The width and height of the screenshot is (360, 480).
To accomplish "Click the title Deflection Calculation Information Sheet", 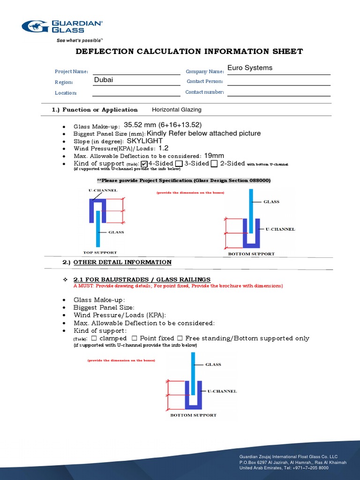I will [x=189, y=52].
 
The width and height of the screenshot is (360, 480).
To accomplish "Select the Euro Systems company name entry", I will [x=250, y=68].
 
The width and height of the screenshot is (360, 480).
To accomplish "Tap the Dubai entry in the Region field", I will [x=104, y=80].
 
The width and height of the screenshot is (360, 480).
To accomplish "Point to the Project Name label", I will [x=71, y=72].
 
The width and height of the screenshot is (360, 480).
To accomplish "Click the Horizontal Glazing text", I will [x=177, y=110].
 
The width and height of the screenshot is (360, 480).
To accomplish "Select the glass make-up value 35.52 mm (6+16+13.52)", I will [x=163, y=125].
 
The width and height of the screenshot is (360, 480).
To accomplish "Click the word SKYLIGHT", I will [x=145, y=141].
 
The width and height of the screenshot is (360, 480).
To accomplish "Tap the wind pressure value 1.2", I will [x=163, y=148].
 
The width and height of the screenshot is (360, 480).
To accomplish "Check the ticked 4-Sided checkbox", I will [x=144, y=164].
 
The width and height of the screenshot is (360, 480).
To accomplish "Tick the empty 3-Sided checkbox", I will [x=179, y=164].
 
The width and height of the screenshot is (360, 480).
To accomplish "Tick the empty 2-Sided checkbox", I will [x=214, y=164].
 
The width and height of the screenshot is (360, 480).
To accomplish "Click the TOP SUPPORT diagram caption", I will [x=100, y=252].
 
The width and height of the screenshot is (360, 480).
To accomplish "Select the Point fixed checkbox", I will [x=135, y=338].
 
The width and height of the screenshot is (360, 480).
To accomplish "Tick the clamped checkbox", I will [x=94, y=338].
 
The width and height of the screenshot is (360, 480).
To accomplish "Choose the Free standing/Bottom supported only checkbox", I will [x=180, y=338].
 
